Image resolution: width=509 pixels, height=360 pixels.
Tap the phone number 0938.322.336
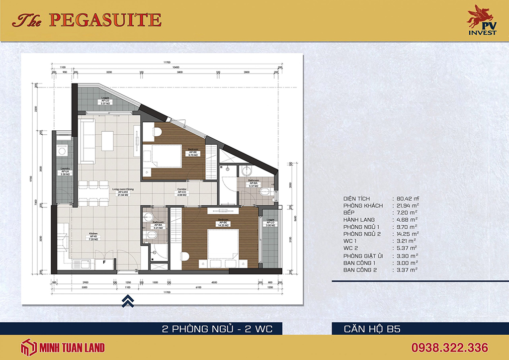pos(449,347)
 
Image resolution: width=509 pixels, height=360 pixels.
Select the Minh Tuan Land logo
pos(63,347)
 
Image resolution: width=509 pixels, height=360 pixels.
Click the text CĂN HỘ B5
pos(372,329)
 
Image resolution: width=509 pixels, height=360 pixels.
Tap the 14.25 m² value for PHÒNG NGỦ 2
pos(405,234)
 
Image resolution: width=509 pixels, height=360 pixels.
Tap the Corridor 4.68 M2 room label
pos(181,192)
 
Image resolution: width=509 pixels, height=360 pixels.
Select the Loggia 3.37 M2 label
pos(105,101)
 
